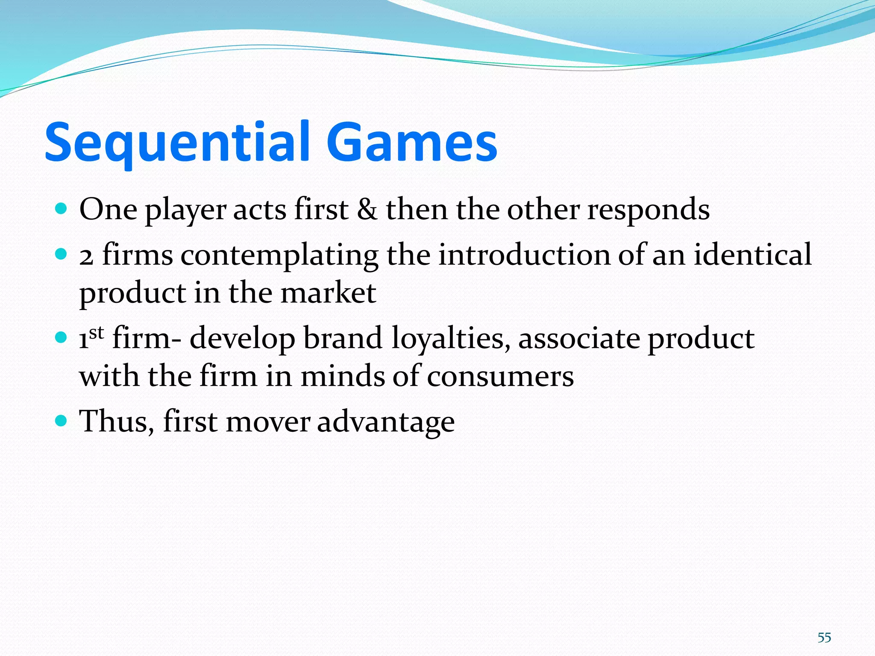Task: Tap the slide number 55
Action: pyautogui.click(x=824, y=638)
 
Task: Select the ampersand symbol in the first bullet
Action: pyautogui.click(x=367, y=210)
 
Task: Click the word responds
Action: pyautogui.click(x=648, y=211)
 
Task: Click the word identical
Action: pyautogui.click(x=752, y=255)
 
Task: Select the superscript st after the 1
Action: pyautogui.click(x=97, y=332)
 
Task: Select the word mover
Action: pyautogui.click(x=268, y=422)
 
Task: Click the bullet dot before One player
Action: pyautogui.click(x=62, y=209)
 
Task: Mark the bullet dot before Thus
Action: pyautogui.click(x=62, y=421)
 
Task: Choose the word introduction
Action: pyautogui.click(x=524, y=255)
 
